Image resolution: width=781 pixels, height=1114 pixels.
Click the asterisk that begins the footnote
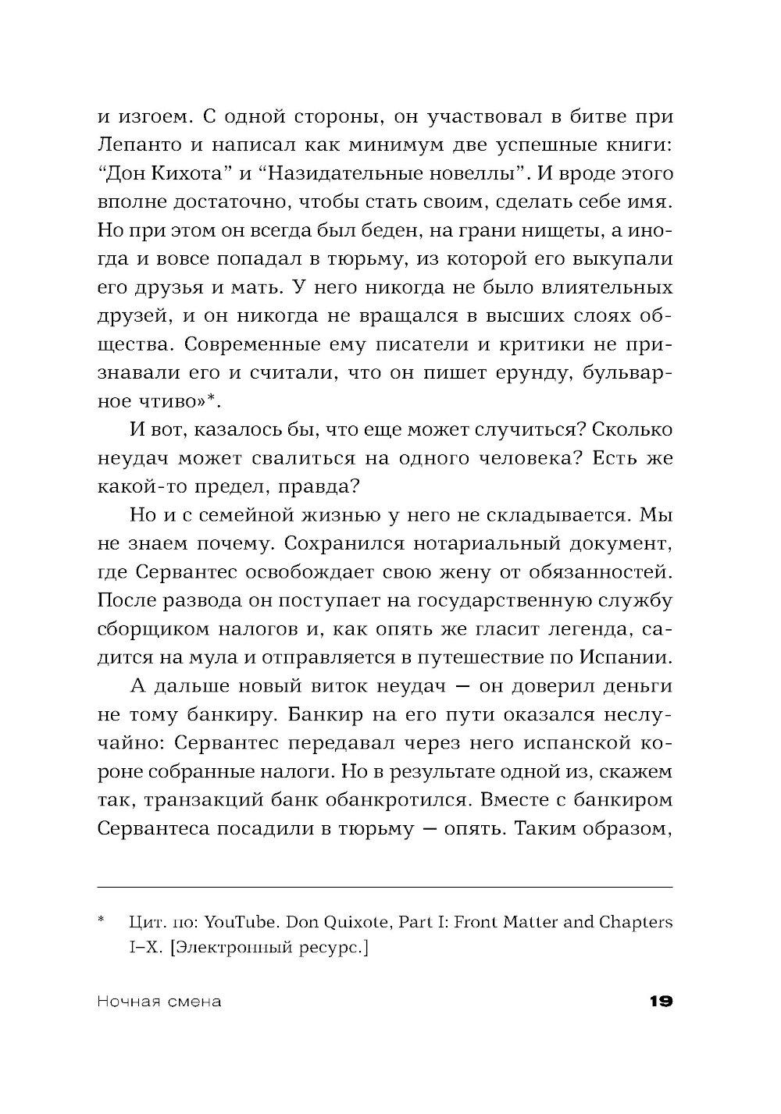(102, 921)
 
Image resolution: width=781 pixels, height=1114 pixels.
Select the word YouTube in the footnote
(241, 922)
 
